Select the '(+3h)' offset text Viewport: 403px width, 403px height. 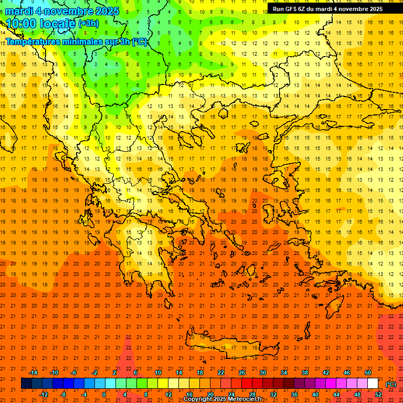point(88,24)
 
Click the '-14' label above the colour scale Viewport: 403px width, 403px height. point(33,373)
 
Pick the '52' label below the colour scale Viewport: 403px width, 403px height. point(378,395)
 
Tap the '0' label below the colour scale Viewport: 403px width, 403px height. point(103,395)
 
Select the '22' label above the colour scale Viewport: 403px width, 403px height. point(221,373)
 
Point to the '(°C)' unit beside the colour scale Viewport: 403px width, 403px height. point(391,384)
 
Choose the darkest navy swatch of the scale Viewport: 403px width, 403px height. point(26,384)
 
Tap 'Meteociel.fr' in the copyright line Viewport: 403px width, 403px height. point(245,399)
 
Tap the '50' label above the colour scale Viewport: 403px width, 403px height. point(368,373)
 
